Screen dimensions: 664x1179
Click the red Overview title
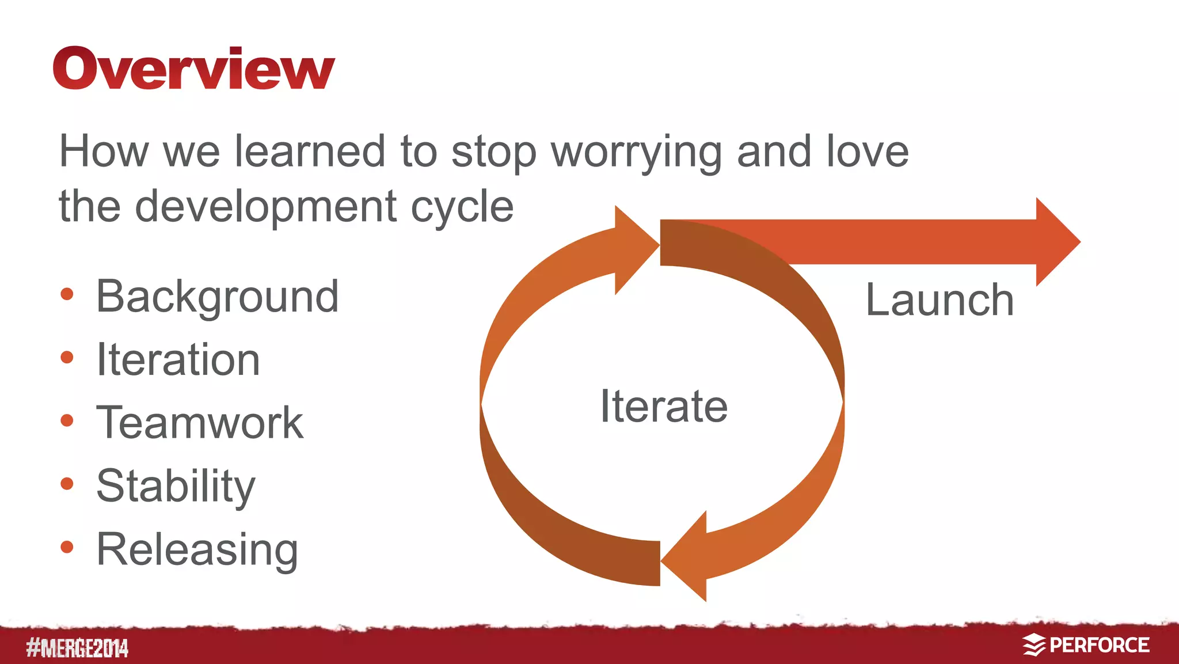(x=193, y=69)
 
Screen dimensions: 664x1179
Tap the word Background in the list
(x=217, y=297)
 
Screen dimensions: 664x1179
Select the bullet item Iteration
(x=178, y=360)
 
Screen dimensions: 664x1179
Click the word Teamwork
(x=199, y=423)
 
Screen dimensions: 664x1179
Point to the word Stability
(x=176, y=486)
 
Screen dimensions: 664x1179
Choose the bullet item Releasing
(x=197, y=549)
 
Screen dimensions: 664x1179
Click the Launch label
(x=940, y=300)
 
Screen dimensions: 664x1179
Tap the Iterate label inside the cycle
(x=664, y=406)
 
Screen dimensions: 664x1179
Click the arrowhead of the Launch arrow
(x=1056, y=242)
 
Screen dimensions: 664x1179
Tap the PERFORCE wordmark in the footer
(x=1099, y=646)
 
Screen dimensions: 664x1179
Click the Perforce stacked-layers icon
(x=1034, y=645)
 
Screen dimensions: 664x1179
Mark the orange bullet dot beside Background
(x=67, y=294)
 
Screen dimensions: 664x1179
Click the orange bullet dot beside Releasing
(x=67, y=547)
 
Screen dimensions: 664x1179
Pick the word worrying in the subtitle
(x=636, y=153)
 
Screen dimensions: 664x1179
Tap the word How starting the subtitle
(x=104, y=151)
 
